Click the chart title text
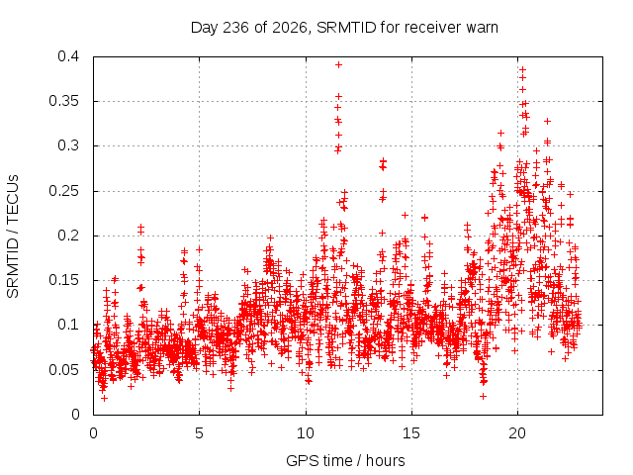click(x=344, y=28)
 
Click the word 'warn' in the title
click(x=482, y=28)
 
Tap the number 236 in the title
click(x=236, y=28)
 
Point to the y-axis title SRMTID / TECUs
click(x=13, y=237)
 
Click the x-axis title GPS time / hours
click(x=345, y=460)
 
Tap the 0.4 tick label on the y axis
click(x=68, y=56)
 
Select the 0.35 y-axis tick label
click(x=63, y=101)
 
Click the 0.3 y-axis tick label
click(x=68, y=145)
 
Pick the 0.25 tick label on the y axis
click(x=63, y=191)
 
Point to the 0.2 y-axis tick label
click(x=68, y=236)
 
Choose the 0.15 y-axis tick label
click(x=63, y=280)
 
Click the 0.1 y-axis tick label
click(x=68, y=325)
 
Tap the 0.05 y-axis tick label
click(x=63, y=369)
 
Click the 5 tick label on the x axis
click(x=199, y=433)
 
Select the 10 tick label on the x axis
click(x=306, y=433)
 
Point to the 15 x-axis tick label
click(x=411, y=433)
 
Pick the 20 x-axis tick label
click(x=517, y=433)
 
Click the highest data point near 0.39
click(x=338, y=64)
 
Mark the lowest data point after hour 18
click(x=483, y=396)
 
